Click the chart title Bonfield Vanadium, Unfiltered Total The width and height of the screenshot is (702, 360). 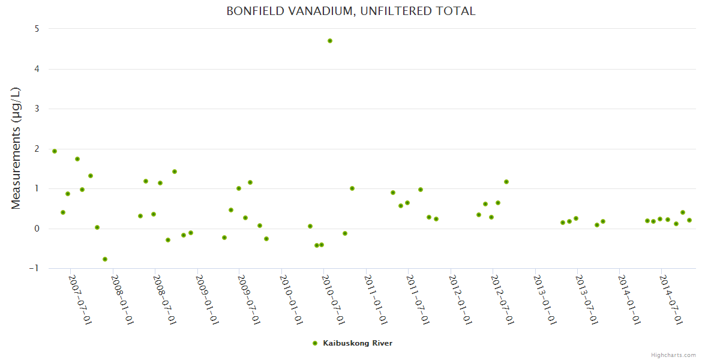351,11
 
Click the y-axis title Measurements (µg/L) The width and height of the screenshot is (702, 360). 16,148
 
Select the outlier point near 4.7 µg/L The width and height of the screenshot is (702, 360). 330,41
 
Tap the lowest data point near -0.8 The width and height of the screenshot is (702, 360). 105,259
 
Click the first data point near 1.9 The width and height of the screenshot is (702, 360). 55,151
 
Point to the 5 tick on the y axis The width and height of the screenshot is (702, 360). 37,29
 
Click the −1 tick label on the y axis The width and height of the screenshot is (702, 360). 34,268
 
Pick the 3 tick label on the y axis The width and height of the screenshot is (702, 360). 37,109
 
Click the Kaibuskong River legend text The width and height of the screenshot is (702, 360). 358,343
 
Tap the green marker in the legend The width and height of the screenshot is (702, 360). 315,343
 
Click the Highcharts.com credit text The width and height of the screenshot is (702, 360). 673,355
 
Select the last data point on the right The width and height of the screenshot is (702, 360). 689,220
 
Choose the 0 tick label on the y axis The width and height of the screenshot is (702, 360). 37,229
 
